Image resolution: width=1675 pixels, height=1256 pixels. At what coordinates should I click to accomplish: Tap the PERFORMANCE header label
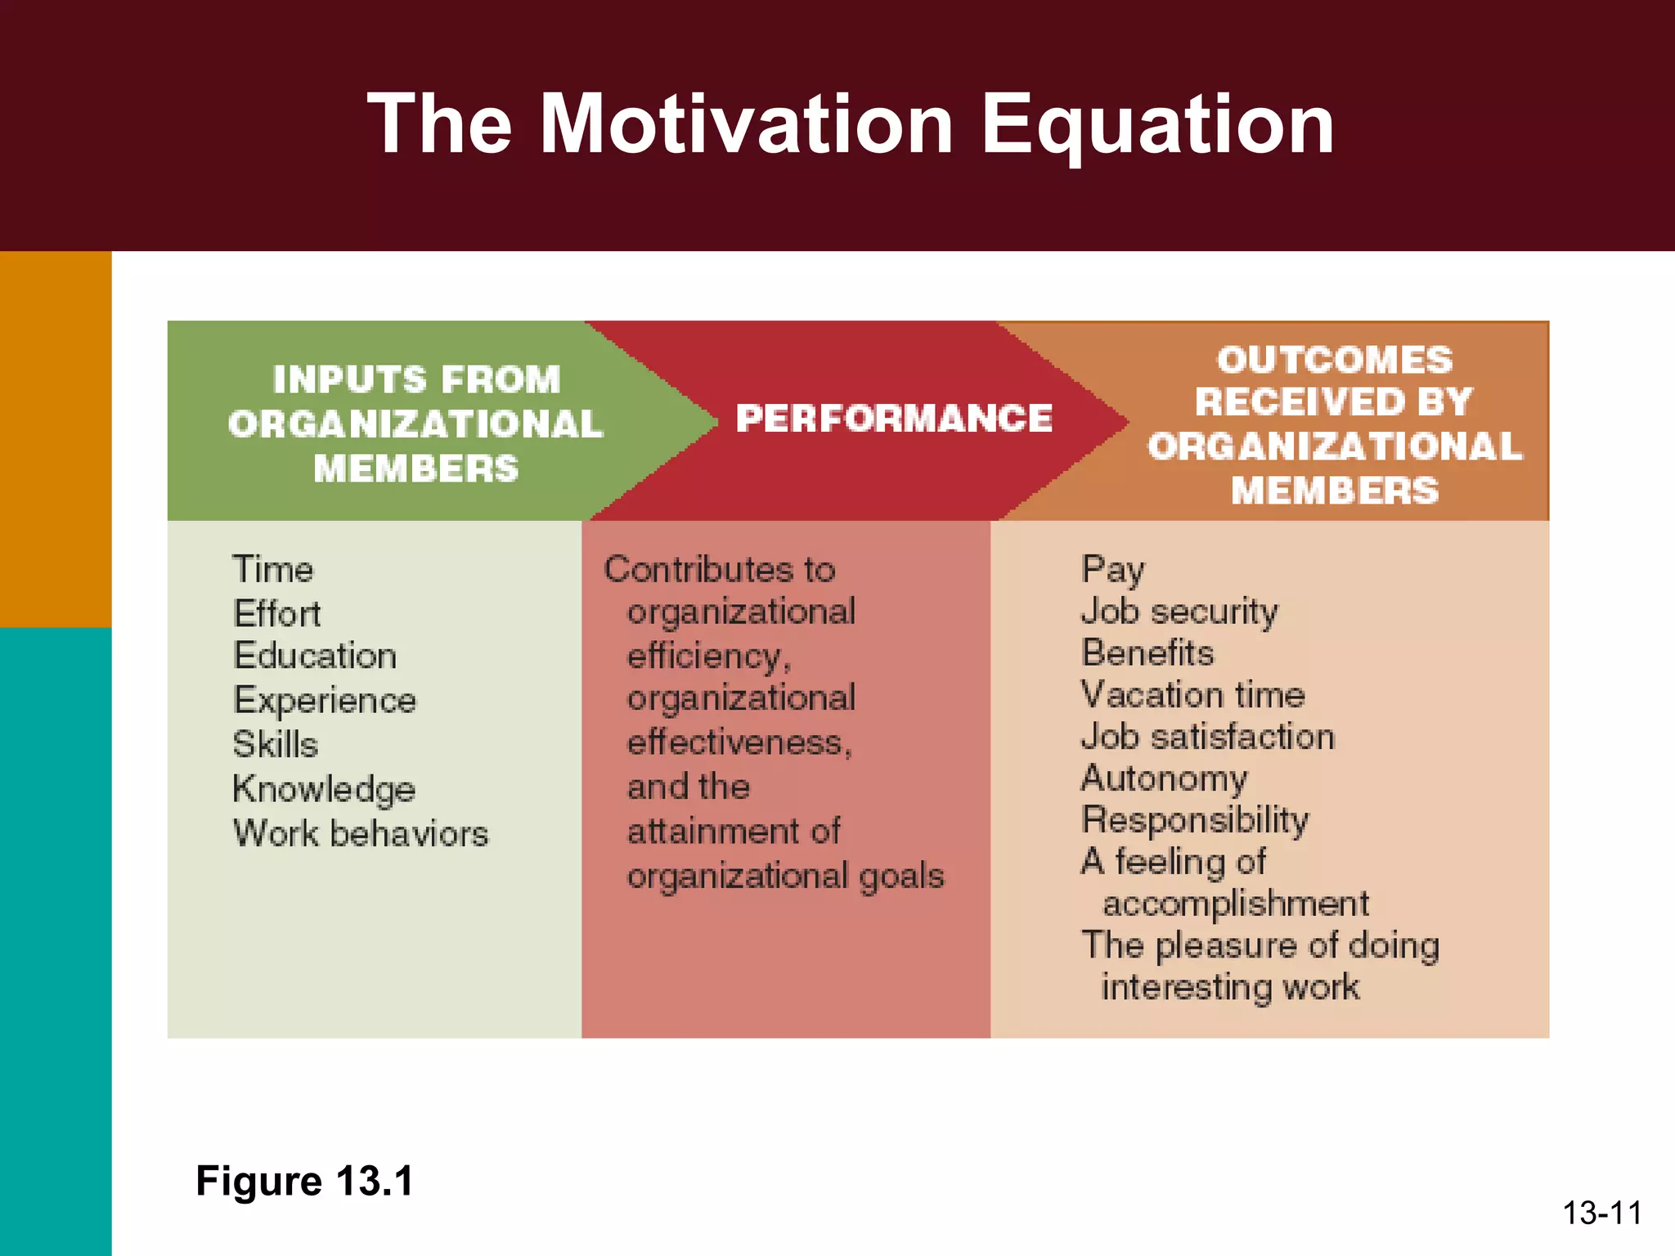click(894, 419)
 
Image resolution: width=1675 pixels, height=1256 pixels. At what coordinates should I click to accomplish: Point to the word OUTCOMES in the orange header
click(1335, 360)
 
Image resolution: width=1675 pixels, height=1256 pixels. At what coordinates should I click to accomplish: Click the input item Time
click(273, 569)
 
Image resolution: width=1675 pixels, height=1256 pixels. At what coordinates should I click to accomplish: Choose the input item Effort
click(277, 613)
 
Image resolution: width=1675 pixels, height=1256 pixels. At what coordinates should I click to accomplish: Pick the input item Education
click(315, 656)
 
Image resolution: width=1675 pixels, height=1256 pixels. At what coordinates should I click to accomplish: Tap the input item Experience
click(325, 701)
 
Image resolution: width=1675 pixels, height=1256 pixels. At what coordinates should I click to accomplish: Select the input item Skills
click(276, 745)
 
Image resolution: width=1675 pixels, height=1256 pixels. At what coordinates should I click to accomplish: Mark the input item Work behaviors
click(361, 834)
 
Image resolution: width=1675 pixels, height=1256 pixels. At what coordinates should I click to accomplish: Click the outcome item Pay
click(1112, 569)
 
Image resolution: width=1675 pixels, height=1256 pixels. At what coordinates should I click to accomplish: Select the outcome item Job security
click(1179, 612)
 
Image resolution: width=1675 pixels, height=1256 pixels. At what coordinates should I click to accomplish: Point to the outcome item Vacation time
click(1192, 695)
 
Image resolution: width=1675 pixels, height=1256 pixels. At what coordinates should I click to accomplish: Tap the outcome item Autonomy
click(1164, 778)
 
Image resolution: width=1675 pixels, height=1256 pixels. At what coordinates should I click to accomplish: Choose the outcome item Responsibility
click(1195, 820)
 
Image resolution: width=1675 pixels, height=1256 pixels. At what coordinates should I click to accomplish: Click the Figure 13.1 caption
click(305, 1181)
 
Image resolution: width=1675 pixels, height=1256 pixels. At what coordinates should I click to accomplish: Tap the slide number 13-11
click(1602, 1213)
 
